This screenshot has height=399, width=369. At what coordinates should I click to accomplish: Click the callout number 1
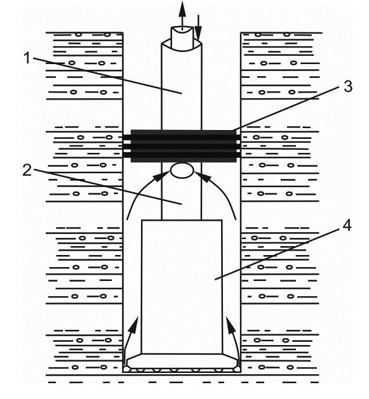point(27,58)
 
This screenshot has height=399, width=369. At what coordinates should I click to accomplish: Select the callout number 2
point(27,170)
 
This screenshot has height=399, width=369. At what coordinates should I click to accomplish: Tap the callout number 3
point(348,86)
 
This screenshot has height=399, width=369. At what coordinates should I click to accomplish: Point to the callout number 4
point(347,225)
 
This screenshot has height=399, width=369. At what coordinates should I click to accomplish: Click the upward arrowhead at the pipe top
point(182,9)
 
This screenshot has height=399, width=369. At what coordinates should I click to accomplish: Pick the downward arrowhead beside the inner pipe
point(198,34)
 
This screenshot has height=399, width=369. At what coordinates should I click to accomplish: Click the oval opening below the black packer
point(182,171)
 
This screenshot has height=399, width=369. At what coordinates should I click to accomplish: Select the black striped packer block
point(182,146)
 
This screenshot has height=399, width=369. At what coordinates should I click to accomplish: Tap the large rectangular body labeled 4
point(182,287)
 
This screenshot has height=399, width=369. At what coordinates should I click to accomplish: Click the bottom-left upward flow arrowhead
point(134,324)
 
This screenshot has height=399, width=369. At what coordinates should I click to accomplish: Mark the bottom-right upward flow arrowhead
point(230,325)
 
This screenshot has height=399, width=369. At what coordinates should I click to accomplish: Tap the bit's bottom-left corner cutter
point(126,369)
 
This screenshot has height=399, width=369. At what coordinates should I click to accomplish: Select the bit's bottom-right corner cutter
point(238,369)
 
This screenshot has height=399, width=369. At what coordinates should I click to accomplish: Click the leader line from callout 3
point(286,108)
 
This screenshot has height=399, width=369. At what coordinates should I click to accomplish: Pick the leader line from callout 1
point(107,75)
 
